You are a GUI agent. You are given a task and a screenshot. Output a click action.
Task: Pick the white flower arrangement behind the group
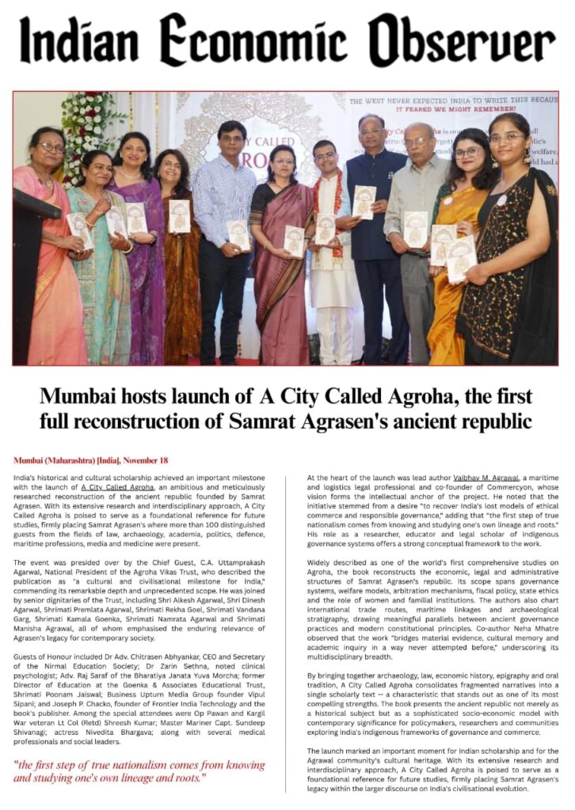click(88, 127)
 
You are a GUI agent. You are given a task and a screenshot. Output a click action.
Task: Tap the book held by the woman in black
click(462, 258)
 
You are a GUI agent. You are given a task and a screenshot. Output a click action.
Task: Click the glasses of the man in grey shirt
click(417, 142)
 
